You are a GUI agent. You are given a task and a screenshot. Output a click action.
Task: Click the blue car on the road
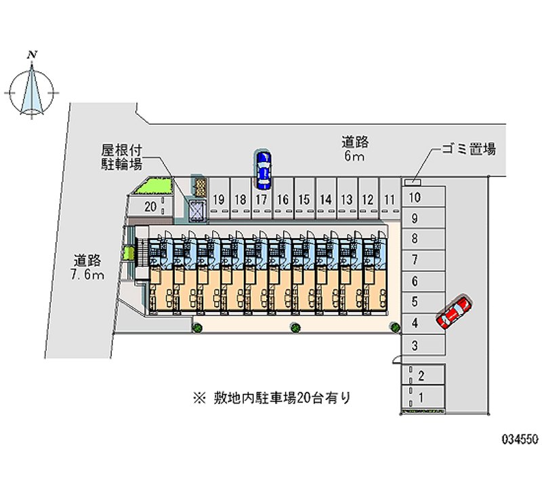tap(264, 170)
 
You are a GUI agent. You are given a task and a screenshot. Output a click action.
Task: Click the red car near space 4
tap(454, 311)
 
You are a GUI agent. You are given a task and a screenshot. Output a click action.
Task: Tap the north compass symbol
tap(32, 87)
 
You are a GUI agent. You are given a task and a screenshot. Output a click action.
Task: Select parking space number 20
tap(150, 207)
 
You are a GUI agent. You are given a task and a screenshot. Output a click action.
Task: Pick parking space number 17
tap(262, 199)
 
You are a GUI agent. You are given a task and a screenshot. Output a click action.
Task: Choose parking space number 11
tap(390, 199)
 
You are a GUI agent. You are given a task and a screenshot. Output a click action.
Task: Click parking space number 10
tap(422, 197)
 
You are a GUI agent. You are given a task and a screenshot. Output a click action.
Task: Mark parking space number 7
tap(422, 260)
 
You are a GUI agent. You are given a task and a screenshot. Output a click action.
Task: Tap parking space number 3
tap(422, 345)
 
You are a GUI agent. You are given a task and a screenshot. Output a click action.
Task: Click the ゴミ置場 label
tap(469, 149)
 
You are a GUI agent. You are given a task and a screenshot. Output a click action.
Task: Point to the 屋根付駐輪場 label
tap(122, 157)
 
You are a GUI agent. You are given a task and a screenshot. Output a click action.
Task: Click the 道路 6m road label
tap(355, 149)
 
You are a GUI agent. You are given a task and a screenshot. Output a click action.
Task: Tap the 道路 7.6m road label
tap(87, 267)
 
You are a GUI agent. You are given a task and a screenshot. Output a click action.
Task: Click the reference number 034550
tap(520, 439)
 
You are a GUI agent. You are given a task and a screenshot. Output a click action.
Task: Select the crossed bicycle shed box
tap(196, 210)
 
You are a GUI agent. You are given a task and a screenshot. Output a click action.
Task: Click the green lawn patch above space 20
tap(154, 186)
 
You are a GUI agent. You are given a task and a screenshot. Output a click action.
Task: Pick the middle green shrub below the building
tap(295, 328)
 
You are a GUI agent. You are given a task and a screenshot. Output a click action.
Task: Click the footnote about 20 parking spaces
tap(272, 398)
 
